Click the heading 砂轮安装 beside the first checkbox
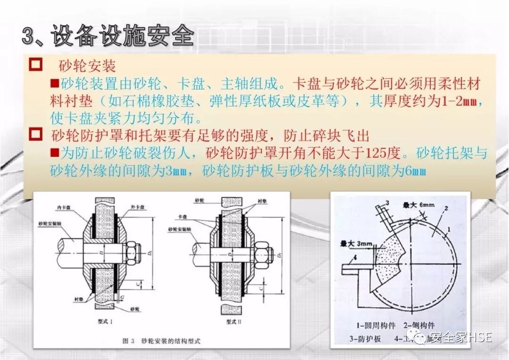click(x=88, y=65)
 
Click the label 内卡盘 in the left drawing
click(x=63, y=207)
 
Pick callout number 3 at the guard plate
click(x=387, y=203)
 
